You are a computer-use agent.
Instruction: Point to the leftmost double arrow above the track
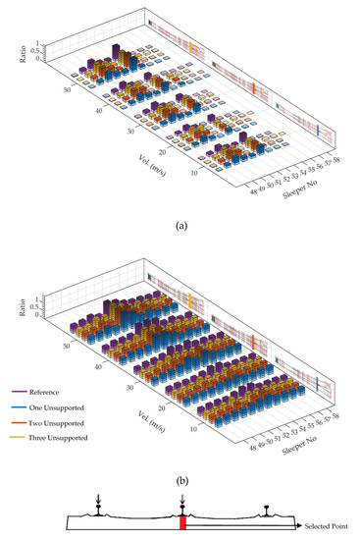(98, 502)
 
